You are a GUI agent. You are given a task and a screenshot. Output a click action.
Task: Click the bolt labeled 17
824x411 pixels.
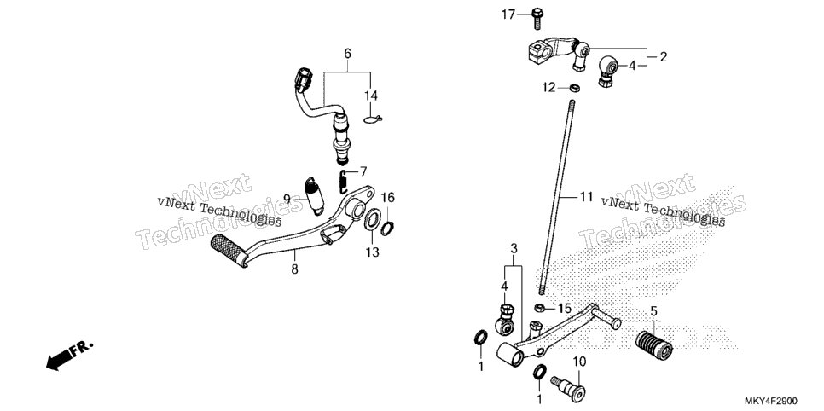(537, 19)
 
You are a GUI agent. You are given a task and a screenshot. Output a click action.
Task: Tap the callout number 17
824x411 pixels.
(508, 15)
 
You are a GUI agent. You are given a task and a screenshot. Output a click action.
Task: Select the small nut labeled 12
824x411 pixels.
(575, 87)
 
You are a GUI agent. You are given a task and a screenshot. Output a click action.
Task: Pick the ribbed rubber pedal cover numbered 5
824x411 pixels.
(654, 344)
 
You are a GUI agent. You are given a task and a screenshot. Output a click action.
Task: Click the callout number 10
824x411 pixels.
(578, 362)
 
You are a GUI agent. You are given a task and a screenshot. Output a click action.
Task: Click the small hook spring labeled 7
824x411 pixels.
(343, 180)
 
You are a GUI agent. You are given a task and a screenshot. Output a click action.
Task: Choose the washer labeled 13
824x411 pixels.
(372, 219)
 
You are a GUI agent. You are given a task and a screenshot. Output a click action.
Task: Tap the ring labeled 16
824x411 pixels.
(386, 228)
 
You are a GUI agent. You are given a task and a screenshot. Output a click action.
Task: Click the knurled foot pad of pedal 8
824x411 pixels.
(228, 249)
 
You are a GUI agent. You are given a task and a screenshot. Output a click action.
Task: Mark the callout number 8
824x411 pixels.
(294, 269)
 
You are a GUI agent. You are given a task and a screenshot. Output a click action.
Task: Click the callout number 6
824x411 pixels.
(347, 54)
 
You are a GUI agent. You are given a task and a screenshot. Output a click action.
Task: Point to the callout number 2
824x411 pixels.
(663, 57)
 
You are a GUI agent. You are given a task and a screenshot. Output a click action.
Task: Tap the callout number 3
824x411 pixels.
(514, 248)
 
